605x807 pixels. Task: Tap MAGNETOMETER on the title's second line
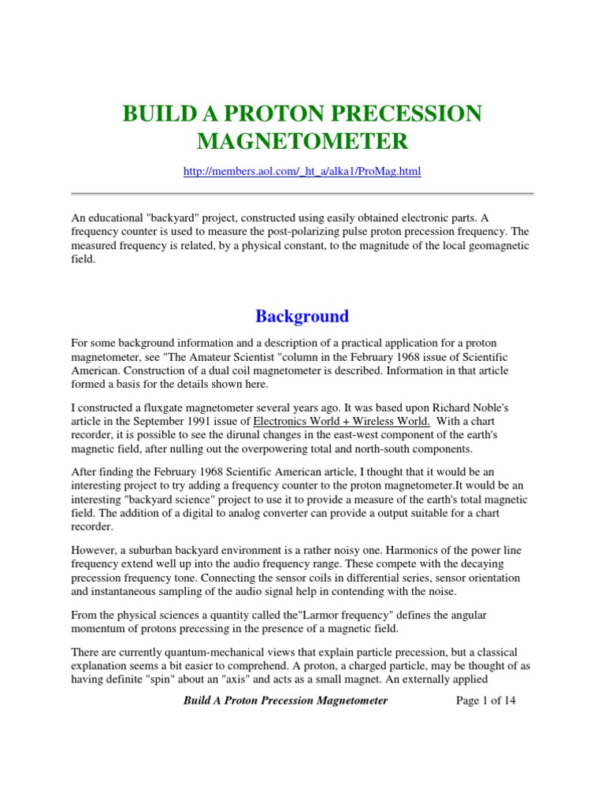[302, 142]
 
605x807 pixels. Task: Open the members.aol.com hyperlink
[302, 171]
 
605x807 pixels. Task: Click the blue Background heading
[302, 316]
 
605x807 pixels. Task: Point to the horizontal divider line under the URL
[302, 194]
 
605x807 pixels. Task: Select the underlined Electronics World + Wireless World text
[341, 422]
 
